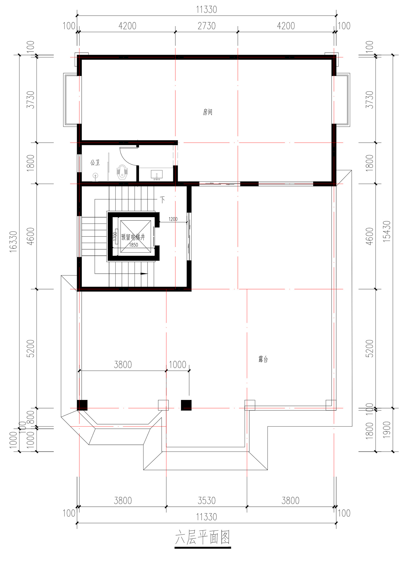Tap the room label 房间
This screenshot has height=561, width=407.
208,112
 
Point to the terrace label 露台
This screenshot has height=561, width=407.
263,359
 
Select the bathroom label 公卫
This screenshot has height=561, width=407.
95,163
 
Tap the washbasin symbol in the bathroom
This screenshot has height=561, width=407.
157,175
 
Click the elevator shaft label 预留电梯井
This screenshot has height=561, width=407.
133,237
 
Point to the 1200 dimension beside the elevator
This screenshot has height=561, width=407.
173,219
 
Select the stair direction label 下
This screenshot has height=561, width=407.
163,200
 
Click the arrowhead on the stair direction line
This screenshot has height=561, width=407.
144,273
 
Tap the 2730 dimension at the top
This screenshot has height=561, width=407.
206,26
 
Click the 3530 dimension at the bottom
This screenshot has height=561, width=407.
206,500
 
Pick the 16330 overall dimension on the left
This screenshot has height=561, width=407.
14,242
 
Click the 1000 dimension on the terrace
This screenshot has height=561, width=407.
177,364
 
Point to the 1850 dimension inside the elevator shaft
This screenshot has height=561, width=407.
133,245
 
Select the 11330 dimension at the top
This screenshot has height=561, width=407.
206,10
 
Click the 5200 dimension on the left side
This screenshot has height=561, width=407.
31,348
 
